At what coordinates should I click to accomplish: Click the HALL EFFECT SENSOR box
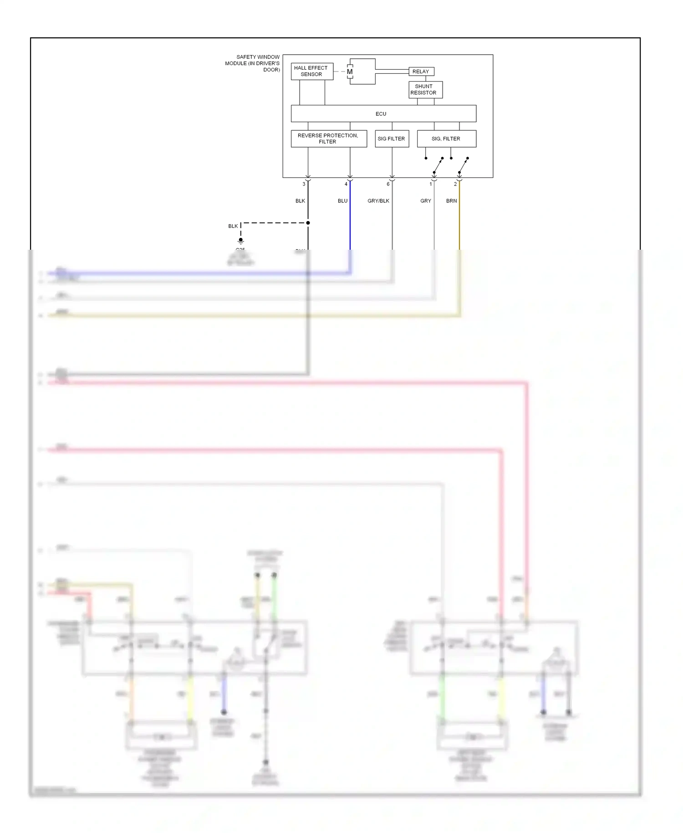pyautogui.click(x=312, y=71)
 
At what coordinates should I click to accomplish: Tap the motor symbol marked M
pyautogui.click(x=350, y=72)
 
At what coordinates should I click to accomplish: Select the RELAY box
pyautogui.click(x=421, y=72)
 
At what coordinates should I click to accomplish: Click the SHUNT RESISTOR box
pyautogui.click(x=425, y=89)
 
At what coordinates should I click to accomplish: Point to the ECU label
pyautogui.click(x=381, y=114)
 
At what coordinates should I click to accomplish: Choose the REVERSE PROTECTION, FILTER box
pyautogui.click(x=329, y=139)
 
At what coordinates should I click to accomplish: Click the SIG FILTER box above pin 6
pyautogui.click(x=392, y=139)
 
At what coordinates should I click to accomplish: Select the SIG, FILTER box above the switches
pyautogui.click(x=446, y=139)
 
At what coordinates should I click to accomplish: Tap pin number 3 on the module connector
pyautogui.click(x=304, y=184)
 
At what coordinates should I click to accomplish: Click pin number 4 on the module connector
pyautogui.click(x=346, y=184)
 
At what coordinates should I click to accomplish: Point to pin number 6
pyautogui.click(x=388, y=184)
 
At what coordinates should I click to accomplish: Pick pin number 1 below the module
pyautogui.click(x=430, y=184)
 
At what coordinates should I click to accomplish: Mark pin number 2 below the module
pyautogui.click(x=455, y=184)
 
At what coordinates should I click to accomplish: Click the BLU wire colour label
pyautogui.click(x=342, y=201)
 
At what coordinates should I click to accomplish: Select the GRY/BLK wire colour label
pyautogui.click(x=378, y=201)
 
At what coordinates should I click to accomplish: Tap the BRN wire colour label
pyautogui.click(x=451, y=201)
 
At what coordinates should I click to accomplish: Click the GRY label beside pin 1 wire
pyautogui.click(x=426, y=201)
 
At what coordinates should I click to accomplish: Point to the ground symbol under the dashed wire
pyautogui.click(x=241, y=241)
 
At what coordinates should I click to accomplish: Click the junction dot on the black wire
pyautogui.click(x=308, y=223)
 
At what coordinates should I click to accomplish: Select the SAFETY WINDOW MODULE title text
pyautogui.click(x=253, y=63)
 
